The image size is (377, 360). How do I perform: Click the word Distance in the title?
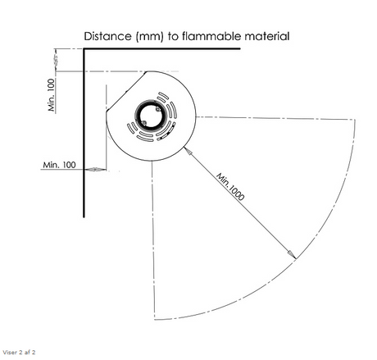click(107, 36)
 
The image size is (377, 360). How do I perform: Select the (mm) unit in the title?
click(150, 36)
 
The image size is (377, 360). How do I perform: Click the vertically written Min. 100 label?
click(52, 95)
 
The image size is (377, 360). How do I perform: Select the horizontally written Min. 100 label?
click(59, 165)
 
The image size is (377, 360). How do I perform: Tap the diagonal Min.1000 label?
click(230, 186)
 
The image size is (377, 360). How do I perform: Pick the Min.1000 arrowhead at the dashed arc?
click(292, 254)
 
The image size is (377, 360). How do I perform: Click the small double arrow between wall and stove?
click(95, 170)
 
